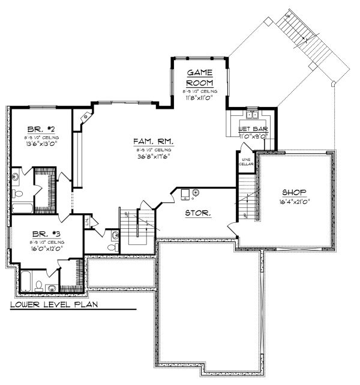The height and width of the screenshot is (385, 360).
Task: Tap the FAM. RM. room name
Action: pyautogui.click(x=154, y=141)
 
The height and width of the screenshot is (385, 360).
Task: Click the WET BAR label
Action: pyautogui.click(x=252, y=129)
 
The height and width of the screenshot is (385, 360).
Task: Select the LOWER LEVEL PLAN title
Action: pyautogui.click(x=54, y=305)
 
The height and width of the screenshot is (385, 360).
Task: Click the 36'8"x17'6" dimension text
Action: pyautogui.click(x=154, y=157)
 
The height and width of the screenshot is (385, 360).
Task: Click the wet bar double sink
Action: pyautogui.click(x=252, y=114)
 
